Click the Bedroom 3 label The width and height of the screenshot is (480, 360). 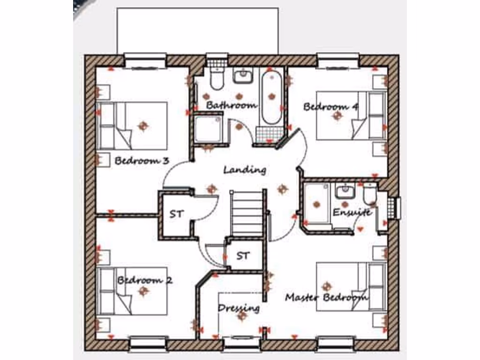point(142,161)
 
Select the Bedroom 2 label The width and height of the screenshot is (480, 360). point(144,280)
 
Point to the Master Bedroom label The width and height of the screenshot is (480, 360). point(326,297)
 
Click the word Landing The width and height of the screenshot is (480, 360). point(245,170)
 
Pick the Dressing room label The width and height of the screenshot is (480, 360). point(239,308)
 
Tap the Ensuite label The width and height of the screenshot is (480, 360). point(352,212)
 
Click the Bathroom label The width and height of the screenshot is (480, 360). point(232,105)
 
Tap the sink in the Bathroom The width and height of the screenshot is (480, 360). point(243,75)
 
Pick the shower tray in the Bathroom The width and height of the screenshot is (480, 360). point(208,128)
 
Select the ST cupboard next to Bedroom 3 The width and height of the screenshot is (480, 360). point(176,214)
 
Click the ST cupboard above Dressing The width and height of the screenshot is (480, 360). point(242,255)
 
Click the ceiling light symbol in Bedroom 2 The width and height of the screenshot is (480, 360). point(143,292)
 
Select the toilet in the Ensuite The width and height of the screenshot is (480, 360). point(370,194)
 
